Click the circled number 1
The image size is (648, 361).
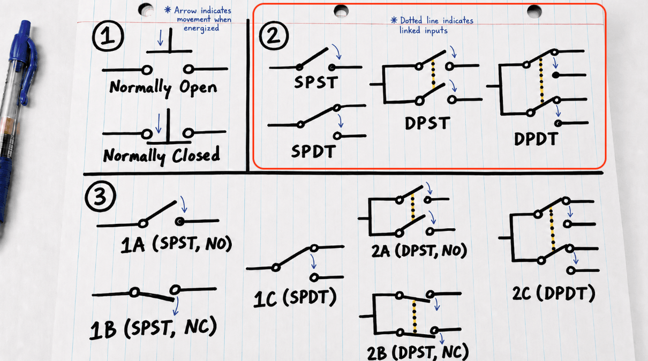[108, 36]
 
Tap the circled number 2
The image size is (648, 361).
[274, 35]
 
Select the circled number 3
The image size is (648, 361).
[100, 196]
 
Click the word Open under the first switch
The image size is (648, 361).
[198, 87]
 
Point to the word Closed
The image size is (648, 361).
[196, 154]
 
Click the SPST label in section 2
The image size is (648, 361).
[316, 82]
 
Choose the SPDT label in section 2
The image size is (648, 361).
[314, 151]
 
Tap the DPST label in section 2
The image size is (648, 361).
[427, 123]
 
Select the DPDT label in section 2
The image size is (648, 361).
[536, 139]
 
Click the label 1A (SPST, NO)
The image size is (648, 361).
[177, 244]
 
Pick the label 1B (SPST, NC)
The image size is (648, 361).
[153, 327]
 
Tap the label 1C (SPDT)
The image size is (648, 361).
[296, 298]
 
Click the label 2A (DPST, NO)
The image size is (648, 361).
[419, 251]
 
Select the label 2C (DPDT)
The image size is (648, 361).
[554, 294]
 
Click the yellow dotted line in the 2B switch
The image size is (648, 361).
[415, 317]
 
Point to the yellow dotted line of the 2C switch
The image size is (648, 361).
[552, 229]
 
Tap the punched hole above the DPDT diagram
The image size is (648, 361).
[534, 11]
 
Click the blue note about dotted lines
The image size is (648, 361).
[432, 25]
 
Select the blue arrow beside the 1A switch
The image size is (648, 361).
[183, 204]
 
